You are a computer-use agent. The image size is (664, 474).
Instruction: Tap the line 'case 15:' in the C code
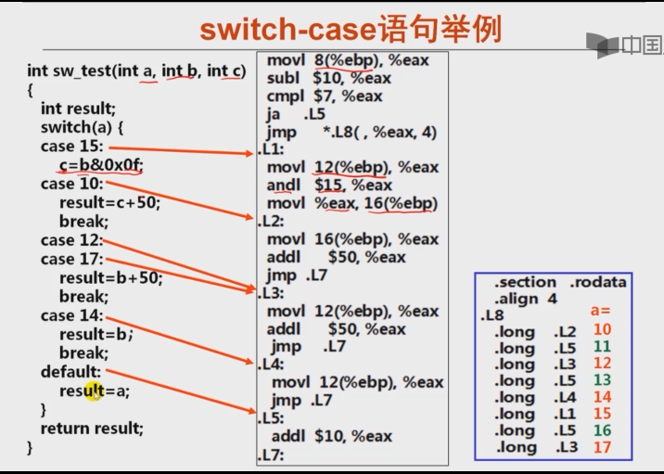(x=71, y=147)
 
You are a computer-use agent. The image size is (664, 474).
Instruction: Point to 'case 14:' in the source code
(x=70, y=315)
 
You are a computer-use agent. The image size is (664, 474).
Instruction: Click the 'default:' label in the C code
(x=70, y=372)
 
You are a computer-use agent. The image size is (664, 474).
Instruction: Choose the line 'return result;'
(x=92, y=429)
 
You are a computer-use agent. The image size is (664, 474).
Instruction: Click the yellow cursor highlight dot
(x=95, y=391)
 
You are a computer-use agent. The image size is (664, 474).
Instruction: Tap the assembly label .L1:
(x=271, y=149)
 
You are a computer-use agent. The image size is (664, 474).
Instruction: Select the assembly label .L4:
(x=271, y=365)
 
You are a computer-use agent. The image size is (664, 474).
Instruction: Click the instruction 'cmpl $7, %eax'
(x=324, y=96)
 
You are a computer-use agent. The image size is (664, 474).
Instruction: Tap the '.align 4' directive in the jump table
(x=525, y=299)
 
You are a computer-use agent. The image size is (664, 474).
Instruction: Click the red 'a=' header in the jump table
(x=601, y=312)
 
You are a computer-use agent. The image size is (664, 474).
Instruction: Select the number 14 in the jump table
(x=602, y=398)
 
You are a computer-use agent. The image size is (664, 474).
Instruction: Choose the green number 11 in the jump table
(x=602, y=347)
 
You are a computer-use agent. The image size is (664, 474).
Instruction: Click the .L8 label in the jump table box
(x=492, y=315)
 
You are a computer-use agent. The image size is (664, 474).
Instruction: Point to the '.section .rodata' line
(x=559, y=282)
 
